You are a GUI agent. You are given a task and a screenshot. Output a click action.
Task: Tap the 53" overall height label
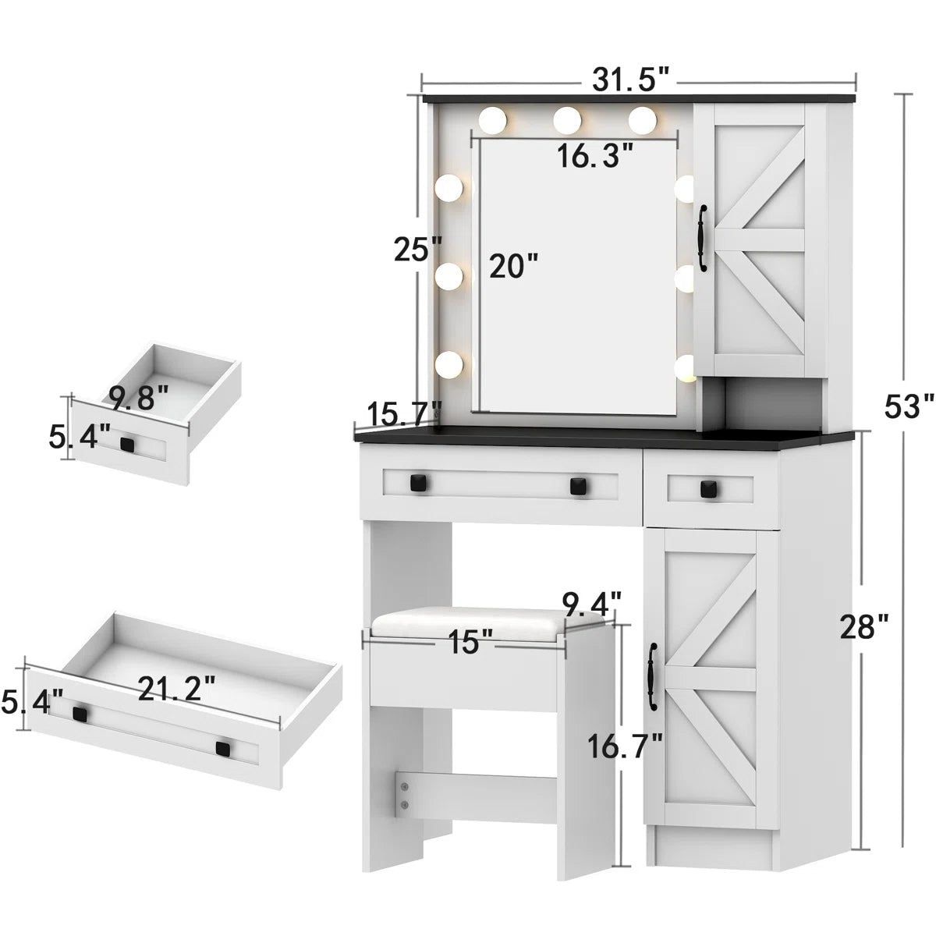tap(909, 406)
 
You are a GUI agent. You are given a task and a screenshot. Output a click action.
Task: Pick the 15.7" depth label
tap(404, 414)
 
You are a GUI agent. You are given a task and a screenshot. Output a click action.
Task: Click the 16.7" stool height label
tap(625, 736)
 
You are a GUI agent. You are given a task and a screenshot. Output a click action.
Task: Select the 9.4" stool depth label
tap(592, 603)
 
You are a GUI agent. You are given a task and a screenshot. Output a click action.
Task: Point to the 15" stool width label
tap(470, 643)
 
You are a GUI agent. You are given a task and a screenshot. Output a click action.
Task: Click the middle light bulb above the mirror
tap(568, 119)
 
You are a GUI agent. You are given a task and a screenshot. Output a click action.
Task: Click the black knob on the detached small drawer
tap(127, 444)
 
